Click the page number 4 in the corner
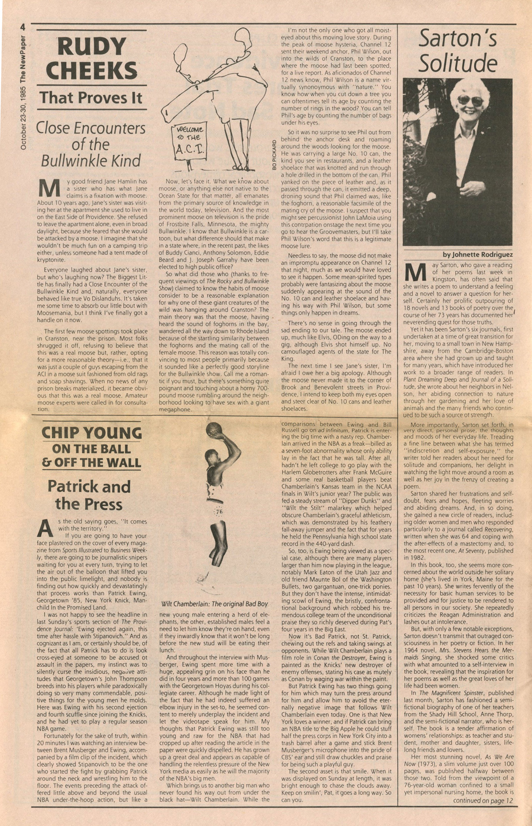pyautogui.click(x=22, y=27)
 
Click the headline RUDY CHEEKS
pyautogui.click(x=91, y=59)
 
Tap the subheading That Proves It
pyautogui.click(x=91, y=98)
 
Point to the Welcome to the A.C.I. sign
pyautogui.click(x=189, y=140)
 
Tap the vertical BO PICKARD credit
pyautogui.click(x=275, y=155)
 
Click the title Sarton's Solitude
pyautogui.click(x=458, y=50)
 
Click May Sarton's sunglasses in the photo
pyautogui.click(x=470, y=100)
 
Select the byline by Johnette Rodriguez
pyautogui.click(x=477, y=255)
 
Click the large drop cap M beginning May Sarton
pyautogui.click(x=415, y=272)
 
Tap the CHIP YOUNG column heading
pyautogui.click(x=91, y=433)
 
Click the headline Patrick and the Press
pyautogui.click(x=89, y=495)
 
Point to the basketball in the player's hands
pyautogui.click(x=214, y=430)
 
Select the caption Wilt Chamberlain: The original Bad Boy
pyautogui.click(x=215, y=604)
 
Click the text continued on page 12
pyautogui.click(x=482, y=800)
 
